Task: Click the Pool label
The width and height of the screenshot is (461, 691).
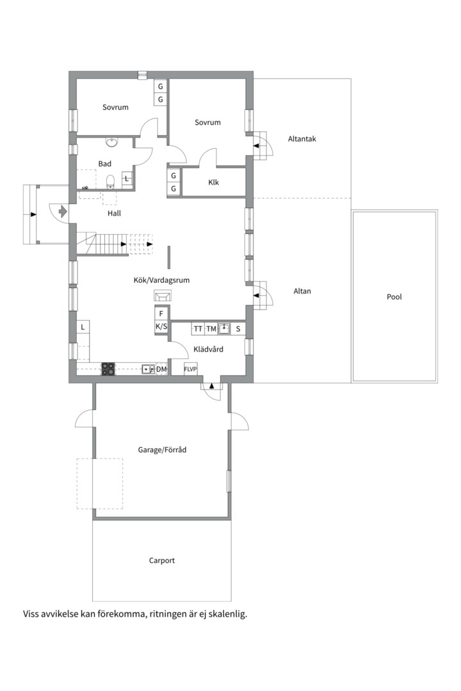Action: point(394,297)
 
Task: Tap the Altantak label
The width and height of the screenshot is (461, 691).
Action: point(302,139)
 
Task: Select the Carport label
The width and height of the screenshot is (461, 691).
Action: point(162,560)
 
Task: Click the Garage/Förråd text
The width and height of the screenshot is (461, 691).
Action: point(162,450)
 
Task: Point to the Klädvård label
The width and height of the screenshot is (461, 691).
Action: point(207,349)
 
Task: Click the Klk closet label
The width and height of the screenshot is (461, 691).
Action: point(214,182)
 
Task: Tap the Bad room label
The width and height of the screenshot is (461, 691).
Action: point(105,164)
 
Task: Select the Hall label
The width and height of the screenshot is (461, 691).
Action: point(115,213)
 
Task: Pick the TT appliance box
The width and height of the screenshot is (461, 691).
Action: point(198,329)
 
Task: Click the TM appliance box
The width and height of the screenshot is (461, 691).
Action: point(211,329)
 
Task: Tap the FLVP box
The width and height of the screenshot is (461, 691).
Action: point(190,369)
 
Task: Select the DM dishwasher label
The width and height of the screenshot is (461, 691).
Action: point(161,369)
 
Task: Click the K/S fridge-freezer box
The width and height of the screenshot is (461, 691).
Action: point(161,327)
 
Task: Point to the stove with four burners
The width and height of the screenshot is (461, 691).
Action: point(108,369)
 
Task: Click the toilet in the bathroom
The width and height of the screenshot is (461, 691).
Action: point(110,180)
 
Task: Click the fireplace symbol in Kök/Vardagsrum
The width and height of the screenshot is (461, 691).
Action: point(163,295)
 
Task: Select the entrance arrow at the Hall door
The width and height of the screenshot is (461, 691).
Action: point(62,210)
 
